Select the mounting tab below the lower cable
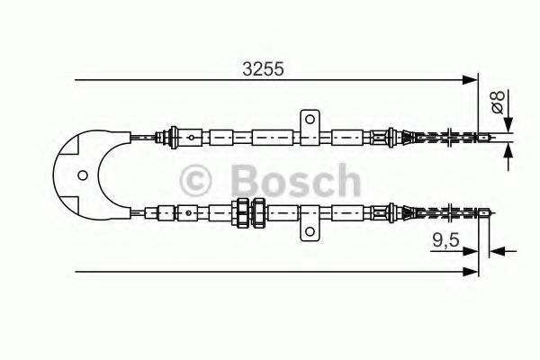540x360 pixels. pyautogui.click(x=308, y=231)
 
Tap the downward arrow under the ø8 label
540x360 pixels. pyautogui.click(x=508, y=127)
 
